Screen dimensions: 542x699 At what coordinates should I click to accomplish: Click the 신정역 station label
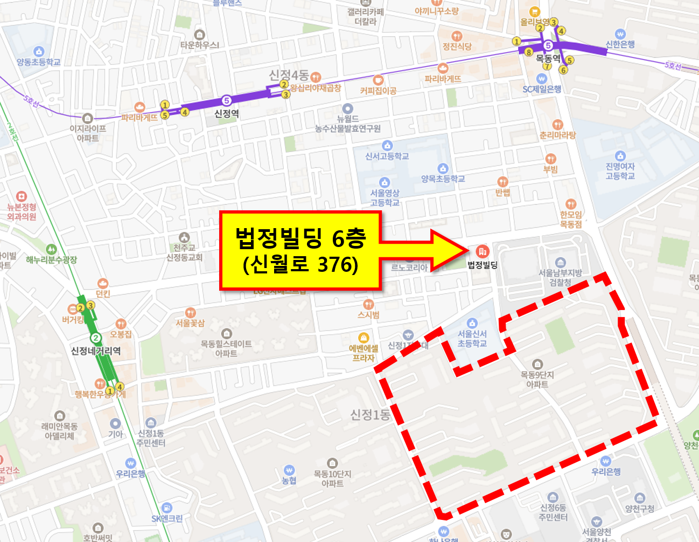point(226,113)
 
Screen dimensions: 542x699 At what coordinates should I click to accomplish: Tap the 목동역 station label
point(548,58)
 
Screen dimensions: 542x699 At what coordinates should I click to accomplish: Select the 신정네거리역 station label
point(96,351)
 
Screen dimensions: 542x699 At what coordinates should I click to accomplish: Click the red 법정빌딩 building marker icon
point(482,251)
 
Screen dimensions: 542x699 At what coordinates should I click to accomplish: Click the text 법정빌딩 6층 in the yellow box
point(300,238)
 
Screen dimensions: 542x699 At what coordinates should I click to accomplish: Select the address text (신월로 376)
point(300,265)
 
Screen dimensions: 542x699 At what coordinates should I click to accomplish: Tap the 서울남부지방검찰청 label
point(560,277)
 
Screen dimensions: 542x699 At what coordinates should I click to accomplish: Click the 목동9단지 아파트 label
point(537,379)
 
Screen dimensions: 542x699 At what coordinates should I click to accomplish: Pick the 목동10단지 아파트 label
point(332,478)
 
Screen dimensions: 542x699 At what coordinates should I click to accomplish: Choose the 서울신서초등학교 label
point(472,338)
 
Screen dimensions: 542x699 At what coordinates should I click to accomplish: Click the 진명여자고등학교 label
point(620,171)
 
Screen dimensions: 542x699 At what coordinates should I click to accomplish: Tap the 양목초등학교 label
point(443,179)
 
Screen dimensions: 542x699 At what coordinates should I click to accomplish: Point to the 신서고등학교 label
point(387,156)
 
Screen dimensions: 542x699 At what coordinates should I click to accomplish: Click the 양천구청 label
point(640,508)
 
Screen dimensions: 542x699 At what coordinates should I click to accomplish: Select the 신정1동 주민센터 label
point(151,437)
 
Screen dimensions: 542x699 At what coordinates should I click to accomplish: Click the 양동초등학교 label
point(38,62)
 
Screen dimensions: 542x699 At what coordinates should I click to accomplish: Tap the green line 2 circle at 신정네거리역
point(96,338)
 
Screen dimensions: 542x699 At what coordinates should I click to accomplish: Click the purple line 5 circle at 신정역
point(227,100)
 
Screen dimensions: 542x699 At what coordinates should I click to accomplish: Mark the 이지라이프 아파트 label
point(88,133)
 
